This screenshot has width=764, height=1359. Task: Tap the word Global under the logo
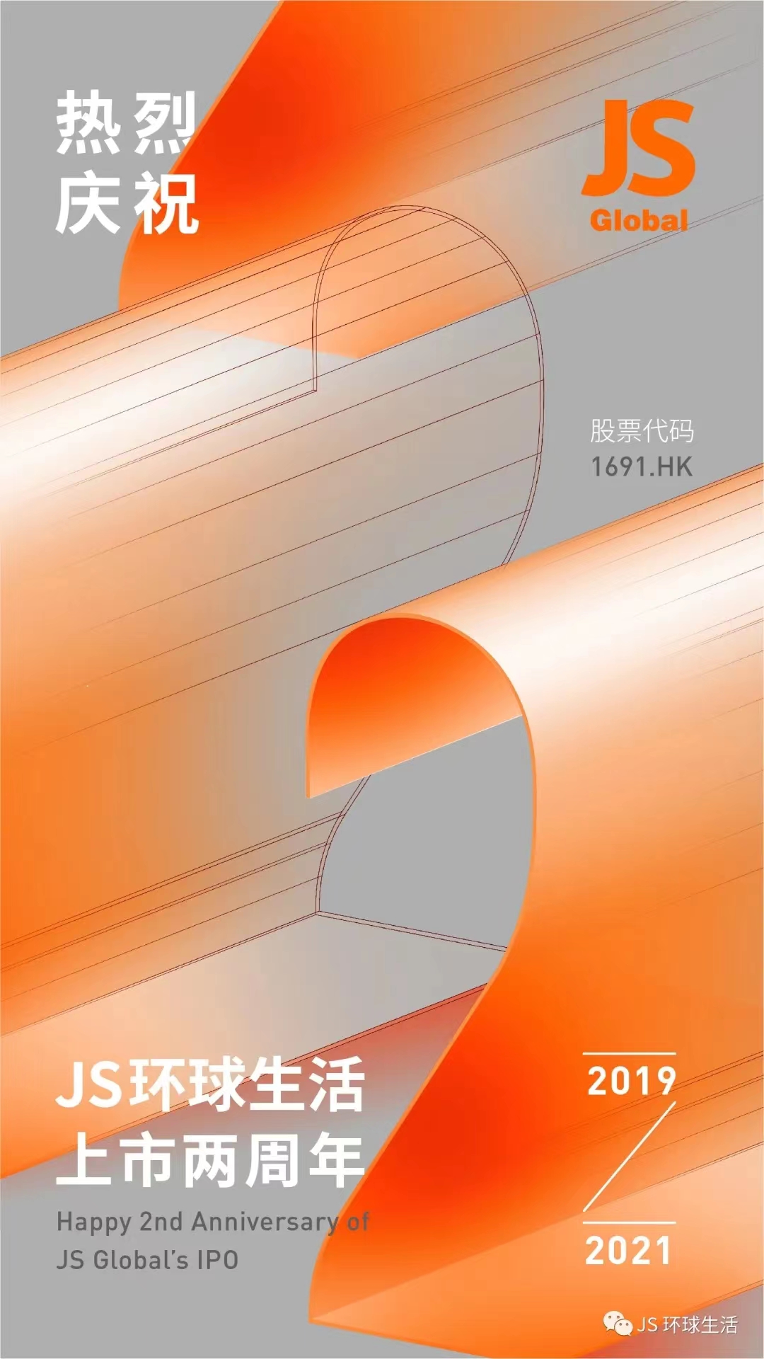click(x=639, y=220)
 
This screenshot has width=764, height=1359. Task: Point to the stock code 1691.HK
click(x=641, y=466)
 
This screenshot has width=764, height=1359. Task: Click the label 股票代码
click(x=642, y=431)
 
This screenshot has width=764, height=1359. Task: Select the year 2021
click(x=628, y=1251)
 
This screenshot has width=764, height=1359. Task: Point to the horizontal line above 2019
click(x=629, y=1054)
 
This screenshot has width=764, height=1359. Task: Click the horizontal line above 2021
click(x=629, y=1222)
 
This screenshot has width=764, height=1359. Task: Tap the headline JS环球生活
click(x=210, y=1084)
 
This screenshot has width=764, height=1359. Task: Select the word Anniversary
click(x=265, y=1222)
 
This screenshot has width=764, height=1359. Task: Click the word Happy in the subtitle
click(x=94, y=1222)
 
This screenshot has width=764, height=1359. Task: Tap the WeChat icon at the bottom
click(x=617, y=1323)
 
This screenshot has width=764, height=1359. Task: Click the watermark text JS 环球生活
click(x=687, y=1324)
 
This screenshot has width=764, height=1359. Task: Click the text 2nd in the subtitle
click(x=161, y=1221)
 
